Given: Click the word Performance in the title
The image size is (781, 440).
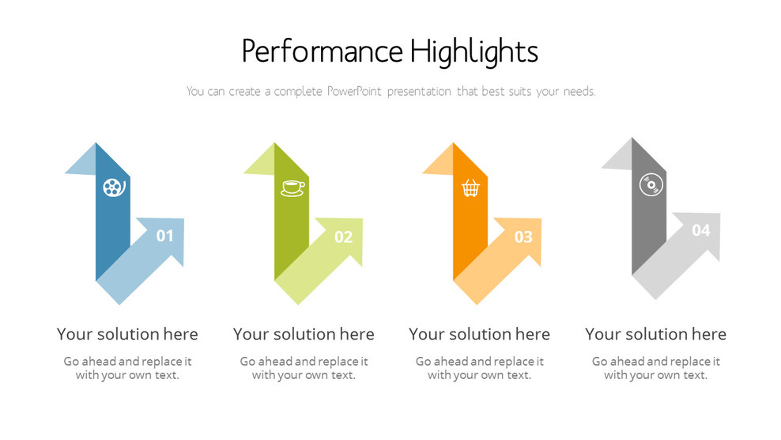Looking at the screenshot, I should tap(323, 52).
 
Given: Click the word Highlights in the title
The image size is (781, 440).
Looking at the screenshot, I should tap(474, 52).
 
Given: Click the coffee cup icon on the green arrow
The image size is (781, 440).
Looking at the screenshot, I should tap(292, 188).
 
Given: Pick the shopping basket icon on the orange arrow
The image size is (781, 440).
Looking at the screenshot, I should tap(471, 188).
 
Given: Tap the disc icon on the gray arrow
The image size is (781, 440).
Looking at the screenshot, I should tap(650, 185).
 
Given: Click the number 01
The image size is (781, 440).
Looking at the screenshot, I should tap(164, 236).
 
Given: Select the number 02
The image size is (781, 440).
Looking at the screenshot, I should tap(343, 237).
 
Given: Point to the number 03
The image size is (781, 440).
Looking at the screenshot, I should tap(523, 237).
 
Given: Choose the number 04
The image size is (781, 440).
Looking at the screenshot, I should tap(701, 230).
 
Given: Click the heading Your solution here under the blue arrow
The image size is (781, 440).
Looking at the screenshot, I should tap(127, 334).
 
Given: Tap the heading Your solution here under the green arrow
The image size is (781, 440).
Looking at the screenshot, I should tap(304, 334).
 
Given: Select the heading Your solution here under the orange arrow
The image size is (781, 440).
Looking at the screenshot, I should tap(479, 334).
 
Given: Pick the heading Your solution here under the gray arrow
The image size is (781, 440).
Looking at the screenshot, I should tap(655, 334).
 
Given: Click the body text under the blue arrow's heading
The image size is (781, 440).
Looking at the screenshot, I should tap(127, 368).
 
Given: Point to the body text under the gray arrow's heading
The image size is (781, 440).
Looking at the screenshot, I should tap(655, 368).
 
